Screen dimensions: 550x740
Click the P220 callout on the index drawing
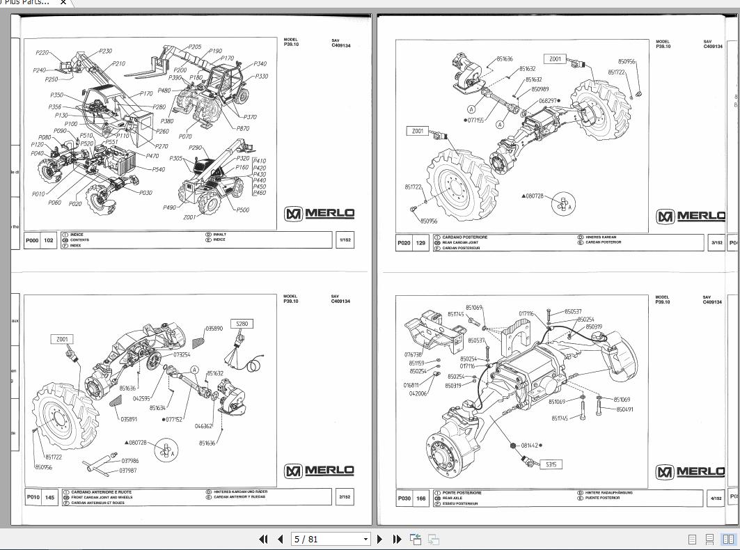[42, 53]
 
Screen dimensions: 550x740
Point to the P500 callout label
[242, 210]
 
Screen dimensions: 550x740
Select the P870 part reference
[243, 128]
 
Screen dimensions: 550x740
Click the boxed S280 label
[242, 324]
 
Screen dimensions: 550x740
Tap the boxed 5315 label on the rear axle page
[551, 464]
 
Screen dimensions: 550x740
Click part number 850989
[540, 89]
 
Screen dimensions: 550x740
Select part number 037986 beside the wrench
[130, 461]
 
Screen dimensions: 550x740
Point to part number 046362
[203, 426]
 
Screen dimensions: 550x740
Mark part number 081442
[530, 445]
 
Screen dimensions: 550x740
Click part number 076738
[414, 354]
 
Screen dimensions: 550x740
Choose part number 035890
[214, 328]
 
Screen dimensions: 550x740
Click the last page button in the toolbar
[397, 539]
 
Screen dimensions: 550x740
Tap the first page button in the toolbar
[263, 539]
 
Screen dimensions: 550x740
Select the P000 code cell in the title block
[33, 241]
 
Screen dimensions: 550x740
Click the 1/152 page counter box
[344, 240]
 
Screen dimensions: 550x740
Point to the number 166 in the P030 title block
[421, 498]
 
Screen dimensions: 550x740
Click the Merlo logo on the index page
[320, 214]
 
